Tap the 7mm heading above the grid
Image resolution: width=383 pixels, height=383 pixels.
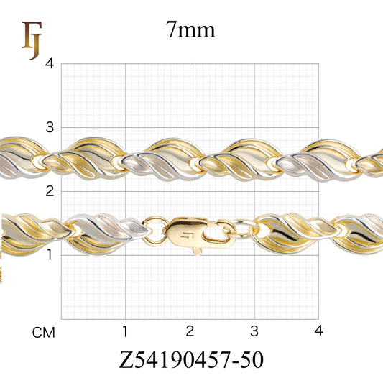pyautogui.click(x=190, y=30)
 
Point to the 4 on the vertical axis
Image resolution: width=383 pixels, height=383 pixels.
pyautogui.click(x=50, y=63)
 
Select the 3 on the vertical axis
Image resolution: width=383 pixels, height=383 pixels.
pyautogui.click(x=50, y=127)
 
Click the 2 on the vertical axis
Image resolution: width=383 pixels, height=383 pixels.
pyautogui.click(x=50, y=191)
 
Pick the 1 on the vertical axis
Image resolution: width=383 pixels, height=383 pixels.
pyautogui.click(x=50, y=255)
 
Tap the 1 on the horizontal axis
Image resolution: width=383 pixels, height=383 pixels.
pyautogui.click(x=125, y=332)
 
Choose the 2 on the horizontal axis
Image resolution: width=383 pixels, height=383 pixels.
pyautogui.click(x=190, y=332)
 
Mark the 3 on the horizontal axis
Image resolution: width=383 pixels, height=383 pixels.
pyautogui.click(x=254, y=332)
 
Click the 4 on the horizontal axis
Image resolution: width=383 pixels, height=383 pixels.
pyautogui.click(x=319, y=332)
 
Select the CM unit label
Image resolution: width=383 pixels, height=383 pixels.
pyautogui.click(x=44, y=333)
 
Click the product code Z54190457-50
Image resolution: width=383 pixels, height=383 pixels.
pyautogui.click(x=191, y=360)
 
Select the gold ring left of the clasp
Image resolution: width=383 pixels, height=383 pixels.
pyautogui.click(x=155, y=230)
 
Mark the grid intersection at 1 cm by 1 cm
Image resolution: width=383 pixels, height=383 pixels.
pyautogui.click(x=126, y=255)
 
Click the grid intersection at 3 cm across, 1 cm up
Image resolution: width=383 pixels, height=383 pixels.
pyautogui.click(x=254, y=255)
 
